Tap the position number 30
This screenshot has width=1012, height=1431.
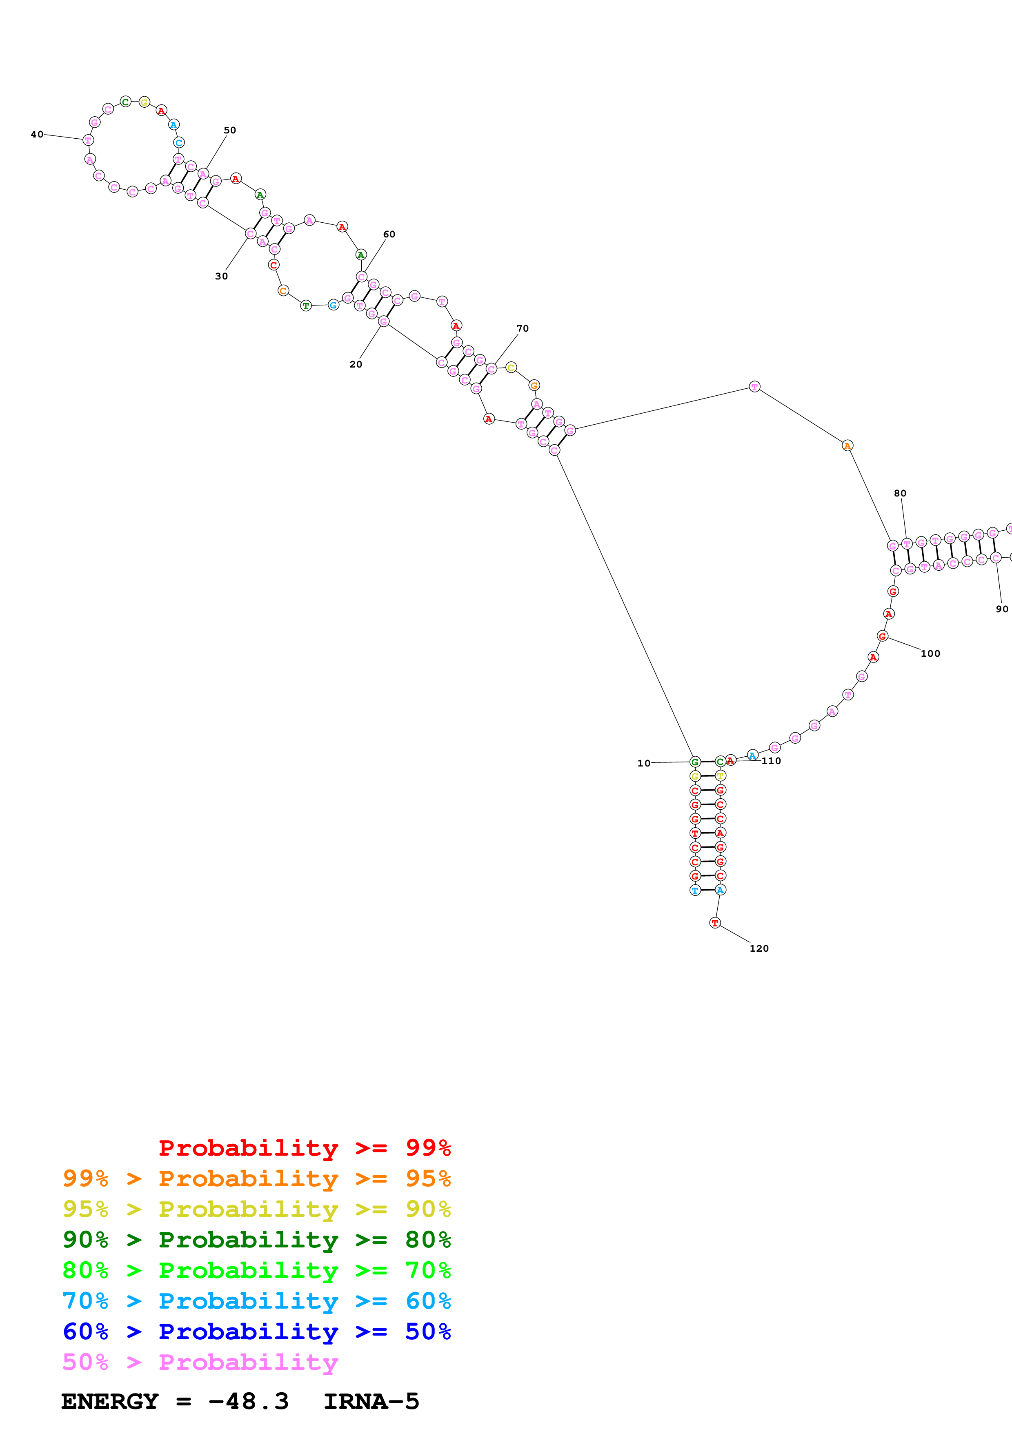(x=221, y=276)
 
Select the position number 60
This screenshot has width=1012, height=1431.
(x=389, y=234)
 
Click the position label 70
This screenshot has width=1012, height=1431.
(x=523, y=328)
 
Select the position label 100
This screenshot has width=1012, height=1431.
(x=930, y=653)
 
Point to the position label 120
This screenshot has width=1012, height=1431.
(x=759, y=948)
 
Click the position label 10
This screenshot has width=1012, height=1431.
(x=643, y=763)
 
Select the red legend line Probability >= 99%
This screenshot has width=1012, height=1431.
(x=304, y=1147)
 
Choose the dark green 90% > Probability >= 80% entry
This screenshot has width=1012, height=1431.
(x=256, y=1240)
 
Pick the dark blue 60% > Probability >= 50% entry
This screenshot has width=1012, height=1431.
(x=256, y=1331)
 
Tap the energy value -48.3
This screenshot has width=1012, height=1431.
(x=248, y=1401)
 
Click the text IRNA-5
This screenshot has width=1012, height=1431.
(x=371, y=1401)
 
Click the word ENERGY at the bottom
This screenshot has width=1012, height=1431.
(x=110, y=1401)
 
